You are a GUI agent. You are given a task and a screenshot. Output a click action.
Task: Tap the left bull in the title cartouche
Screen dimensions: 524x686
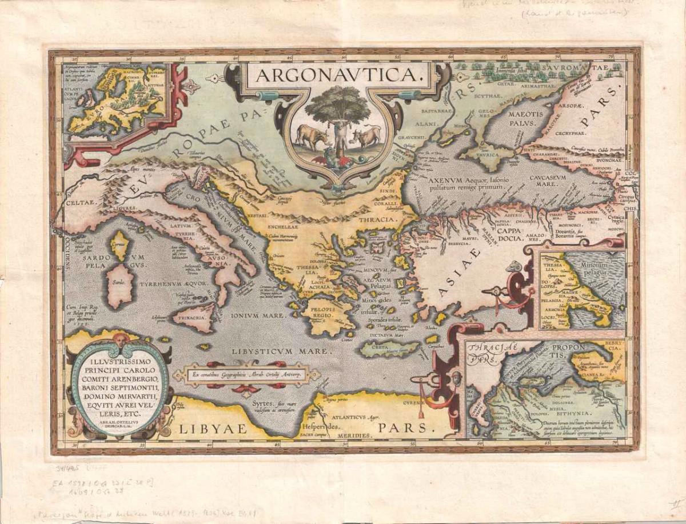click(x=312, y=137)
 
